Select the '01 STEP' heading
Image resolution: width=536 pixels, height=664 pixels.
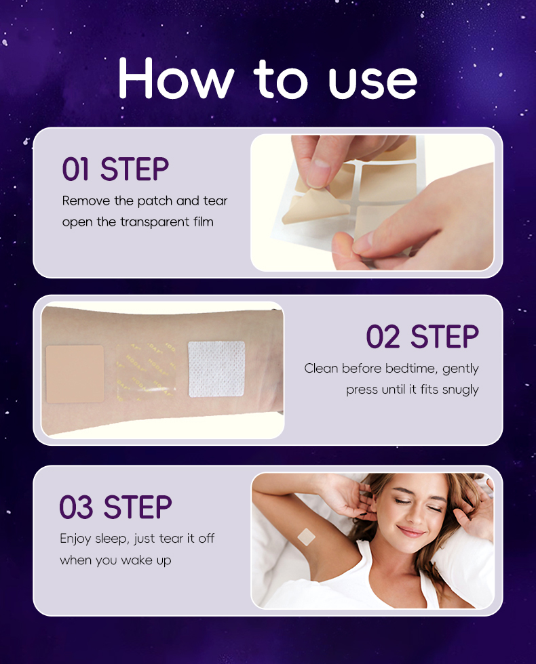click(115, 169)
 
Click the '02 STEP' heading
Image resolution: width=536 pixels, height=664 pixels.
click(422, 337)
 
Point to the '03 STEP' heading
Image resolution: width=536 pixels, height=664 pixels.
click(115, 507)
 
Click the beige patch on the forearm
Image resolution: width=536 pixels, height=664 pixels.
click(75, 373)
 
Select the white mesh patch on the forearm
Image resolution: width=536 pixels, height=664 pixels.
click(216, 369)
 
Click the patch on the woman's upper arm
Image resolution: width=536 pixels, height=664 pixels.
click(307, 537)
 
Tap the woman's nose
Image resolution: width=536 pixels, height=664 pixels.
click(415, 516)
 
